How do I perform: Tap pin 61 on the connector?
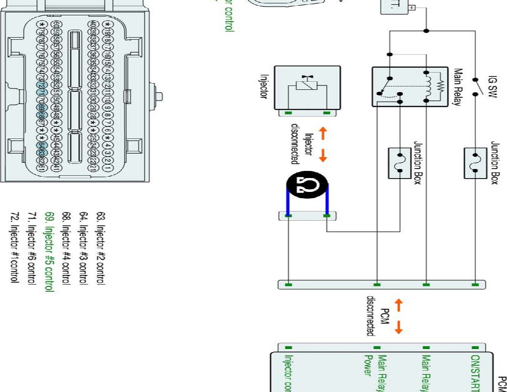coord(42,169)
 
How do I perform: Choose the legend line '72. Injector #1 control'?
coord(14,248)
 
